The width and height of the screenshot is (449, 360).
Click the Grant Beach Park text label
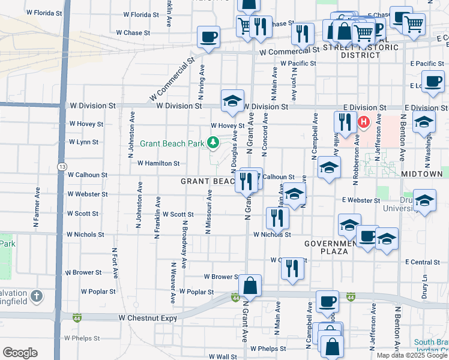tap(172, 143)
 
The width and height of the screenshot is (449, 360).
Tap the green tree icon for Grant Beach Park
tap(212, 142)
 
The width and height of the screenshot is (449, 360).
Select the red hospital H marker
tap(363, 123)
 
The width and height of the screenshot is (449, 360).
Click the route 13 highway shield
tap(62, 165)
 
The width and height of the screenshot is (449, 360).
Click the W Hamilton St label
tap(158, 163)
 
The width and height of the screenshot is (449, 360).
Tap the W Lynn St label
tap(83, 142)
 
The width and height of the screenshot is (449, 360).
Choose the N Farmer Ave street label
tap(36, 208)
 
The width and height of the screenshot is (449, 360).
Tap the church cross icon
tap(37, 296)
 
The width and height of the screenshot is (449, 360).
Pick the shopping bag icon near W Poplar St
tap(250, 286)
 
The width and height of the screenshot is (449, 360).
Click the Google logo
tap(20, 352)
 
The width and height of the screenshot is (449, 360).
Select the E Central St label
tap(423, 262)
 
